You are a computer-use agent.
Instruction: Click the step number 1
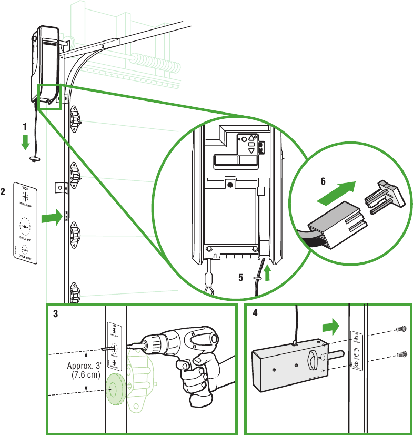(24, 127)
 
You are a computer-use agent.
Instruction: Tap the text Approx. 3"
(84, 367)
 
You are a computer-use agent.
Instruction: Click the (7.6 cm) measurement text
(85, 376)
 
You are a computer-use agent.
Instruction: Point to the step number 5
(240, 277)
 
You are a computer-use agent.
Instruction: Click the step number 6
(324, 180)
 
